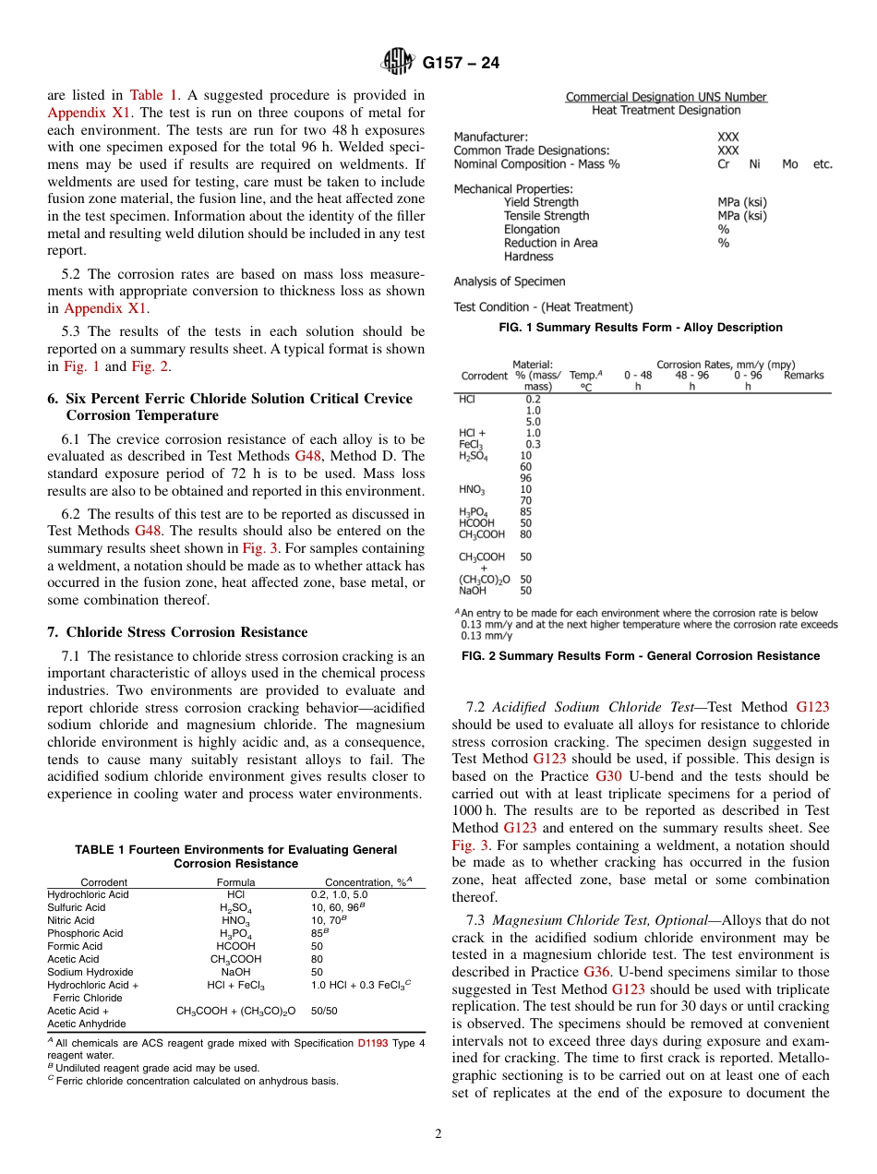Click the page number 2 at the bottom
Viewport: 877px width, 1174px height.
pos(438,1134)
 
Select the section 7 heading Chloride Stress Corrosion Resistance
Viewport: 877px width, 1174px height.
pos(177,632)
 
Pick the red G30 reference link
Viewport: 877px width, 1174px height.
pos(608,776)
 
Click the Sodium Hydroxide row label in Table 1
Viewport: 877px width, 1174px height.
pos(90,972)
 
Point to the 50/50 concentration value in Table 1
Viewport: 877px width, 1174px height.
pos(324,1011)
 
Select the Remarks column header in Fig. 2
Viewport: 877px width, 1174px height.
pos(803,376)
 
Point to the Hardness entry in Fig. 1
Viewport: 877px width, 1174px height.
pos(528,257)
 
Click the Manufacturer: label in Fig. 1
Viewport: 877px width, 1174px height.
pos(491,137)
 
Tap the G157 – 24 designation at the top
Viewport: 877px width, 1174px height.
pos(461,64)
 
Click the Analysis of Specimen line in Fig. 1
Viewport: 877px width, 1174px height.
pos(509,282)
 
